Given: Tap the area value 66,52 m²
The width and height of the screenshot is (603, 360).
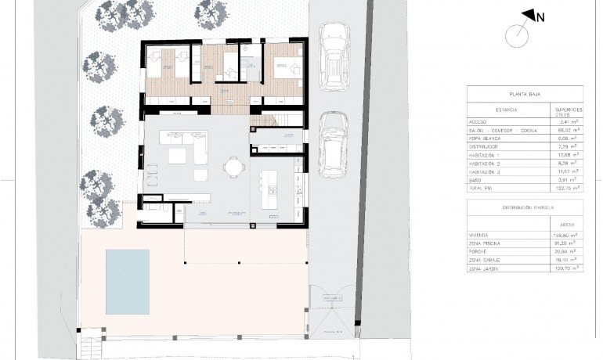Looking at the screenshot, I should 566,130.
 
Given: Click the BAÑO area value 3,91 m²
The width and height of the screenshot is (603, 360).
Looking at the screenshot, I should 566,180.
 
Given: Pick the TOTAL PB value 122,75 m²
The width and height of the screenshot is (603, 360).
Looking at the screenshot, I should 565,189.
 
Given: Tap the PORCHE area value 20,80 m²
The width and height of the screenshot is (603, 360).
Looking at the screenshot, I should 566,250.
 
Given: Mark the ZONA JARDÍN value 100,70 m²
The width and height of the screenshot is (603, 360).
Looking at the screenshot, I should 565,268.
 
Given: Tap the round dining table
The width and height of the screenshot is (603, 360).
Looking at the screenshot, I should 233,166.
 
